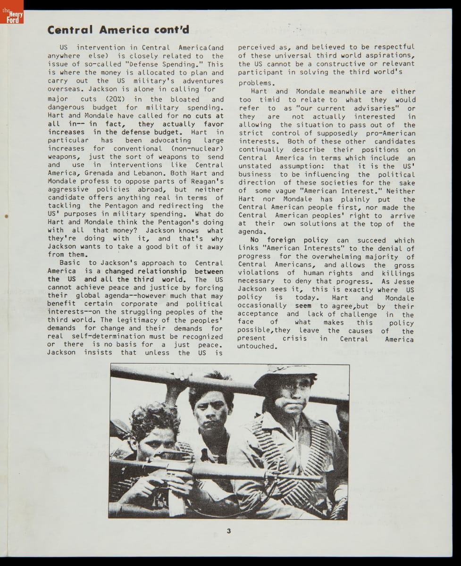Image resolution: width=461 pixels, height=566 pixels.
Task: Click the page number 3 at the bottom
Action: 229,531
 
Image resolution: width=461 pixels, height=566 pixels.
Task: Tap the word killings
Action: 398,273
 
